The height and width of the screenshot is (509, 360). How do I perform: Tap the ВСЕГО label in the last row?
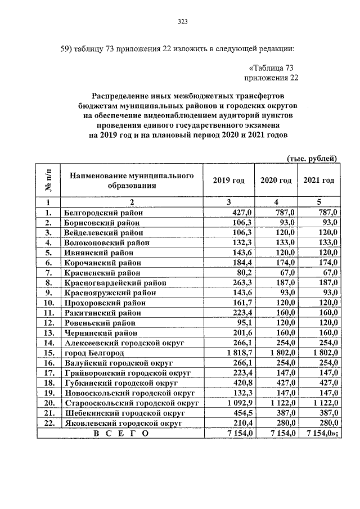(120, 433)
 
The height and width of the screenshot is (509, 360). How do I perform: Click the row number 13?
(48, 332)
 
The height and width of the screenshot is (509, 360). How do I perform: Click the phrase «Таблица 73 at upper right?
(272, 67)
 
